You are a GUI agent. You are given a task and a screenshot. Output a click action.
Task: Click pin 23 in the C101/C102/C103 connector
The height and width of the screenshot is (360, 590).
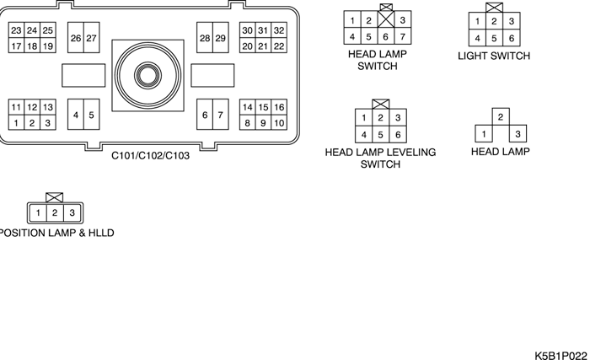point(15,30)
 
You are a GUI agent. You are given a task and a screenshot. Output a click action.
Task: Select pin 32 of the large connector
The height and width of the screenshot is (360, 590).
point(279,30)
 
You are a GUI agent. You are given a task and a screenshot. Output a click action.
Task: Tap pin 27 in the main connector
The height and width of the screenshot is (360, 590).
point(91,39)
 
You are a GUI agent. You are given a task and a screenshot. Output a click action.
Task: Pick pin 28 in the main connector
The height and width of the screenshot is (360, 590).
point(205,39)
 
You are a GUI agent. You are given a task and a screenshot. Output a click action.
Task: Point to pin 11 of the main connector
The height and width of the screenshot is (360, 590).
point(15,107)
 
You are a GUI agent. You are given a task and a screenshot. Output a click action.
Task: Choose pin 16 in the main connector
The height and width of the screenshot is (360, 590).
point(279,107)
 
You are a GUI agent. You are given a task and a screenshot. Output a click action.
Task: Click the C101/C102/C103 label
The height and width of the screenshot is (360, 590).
point(151,156)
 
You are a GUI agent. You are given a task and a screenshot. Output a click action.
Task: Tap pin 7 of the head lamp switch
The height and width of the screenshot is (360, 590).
point(404,36)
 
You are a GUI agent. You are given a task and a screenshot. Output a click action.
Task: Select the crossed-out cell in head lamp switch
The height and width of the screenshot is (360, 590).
point(386,28)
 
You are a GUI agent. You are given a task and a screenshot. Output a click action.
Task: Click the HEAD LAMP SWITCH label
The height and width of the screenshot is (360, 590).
point(378,59)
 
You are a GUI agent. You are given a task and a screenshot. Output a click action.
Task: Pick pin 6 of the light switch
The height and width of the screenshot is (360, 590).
point(511,38)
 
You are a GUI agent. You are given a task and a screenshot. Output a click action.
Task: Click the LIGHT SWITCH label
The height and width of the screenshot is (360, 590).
point(494,56)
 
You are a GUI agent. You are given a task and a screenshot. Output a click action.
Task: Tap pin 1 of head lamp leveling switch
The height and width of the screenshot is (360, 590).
point(363,118)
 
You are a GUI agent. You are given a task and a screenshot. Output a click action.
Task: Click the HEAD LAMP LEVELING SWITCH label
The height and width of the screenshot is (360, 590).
point(380,158)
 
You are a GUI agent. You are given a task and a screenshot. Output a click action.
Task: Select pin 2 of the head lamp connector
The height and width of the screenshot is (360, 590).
point(500,117)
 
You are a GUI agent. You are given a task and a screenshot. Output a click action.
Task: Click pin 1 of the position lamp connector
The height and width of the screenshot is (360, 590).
point(39,212)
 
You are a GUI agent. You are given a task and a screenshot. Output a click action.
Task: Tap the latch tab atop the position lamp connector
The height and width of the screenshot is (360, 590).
point(55,196)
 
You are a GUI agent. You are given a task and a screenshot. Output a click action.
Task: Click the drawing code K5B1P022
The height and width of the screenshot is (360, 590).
point(560,354)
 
